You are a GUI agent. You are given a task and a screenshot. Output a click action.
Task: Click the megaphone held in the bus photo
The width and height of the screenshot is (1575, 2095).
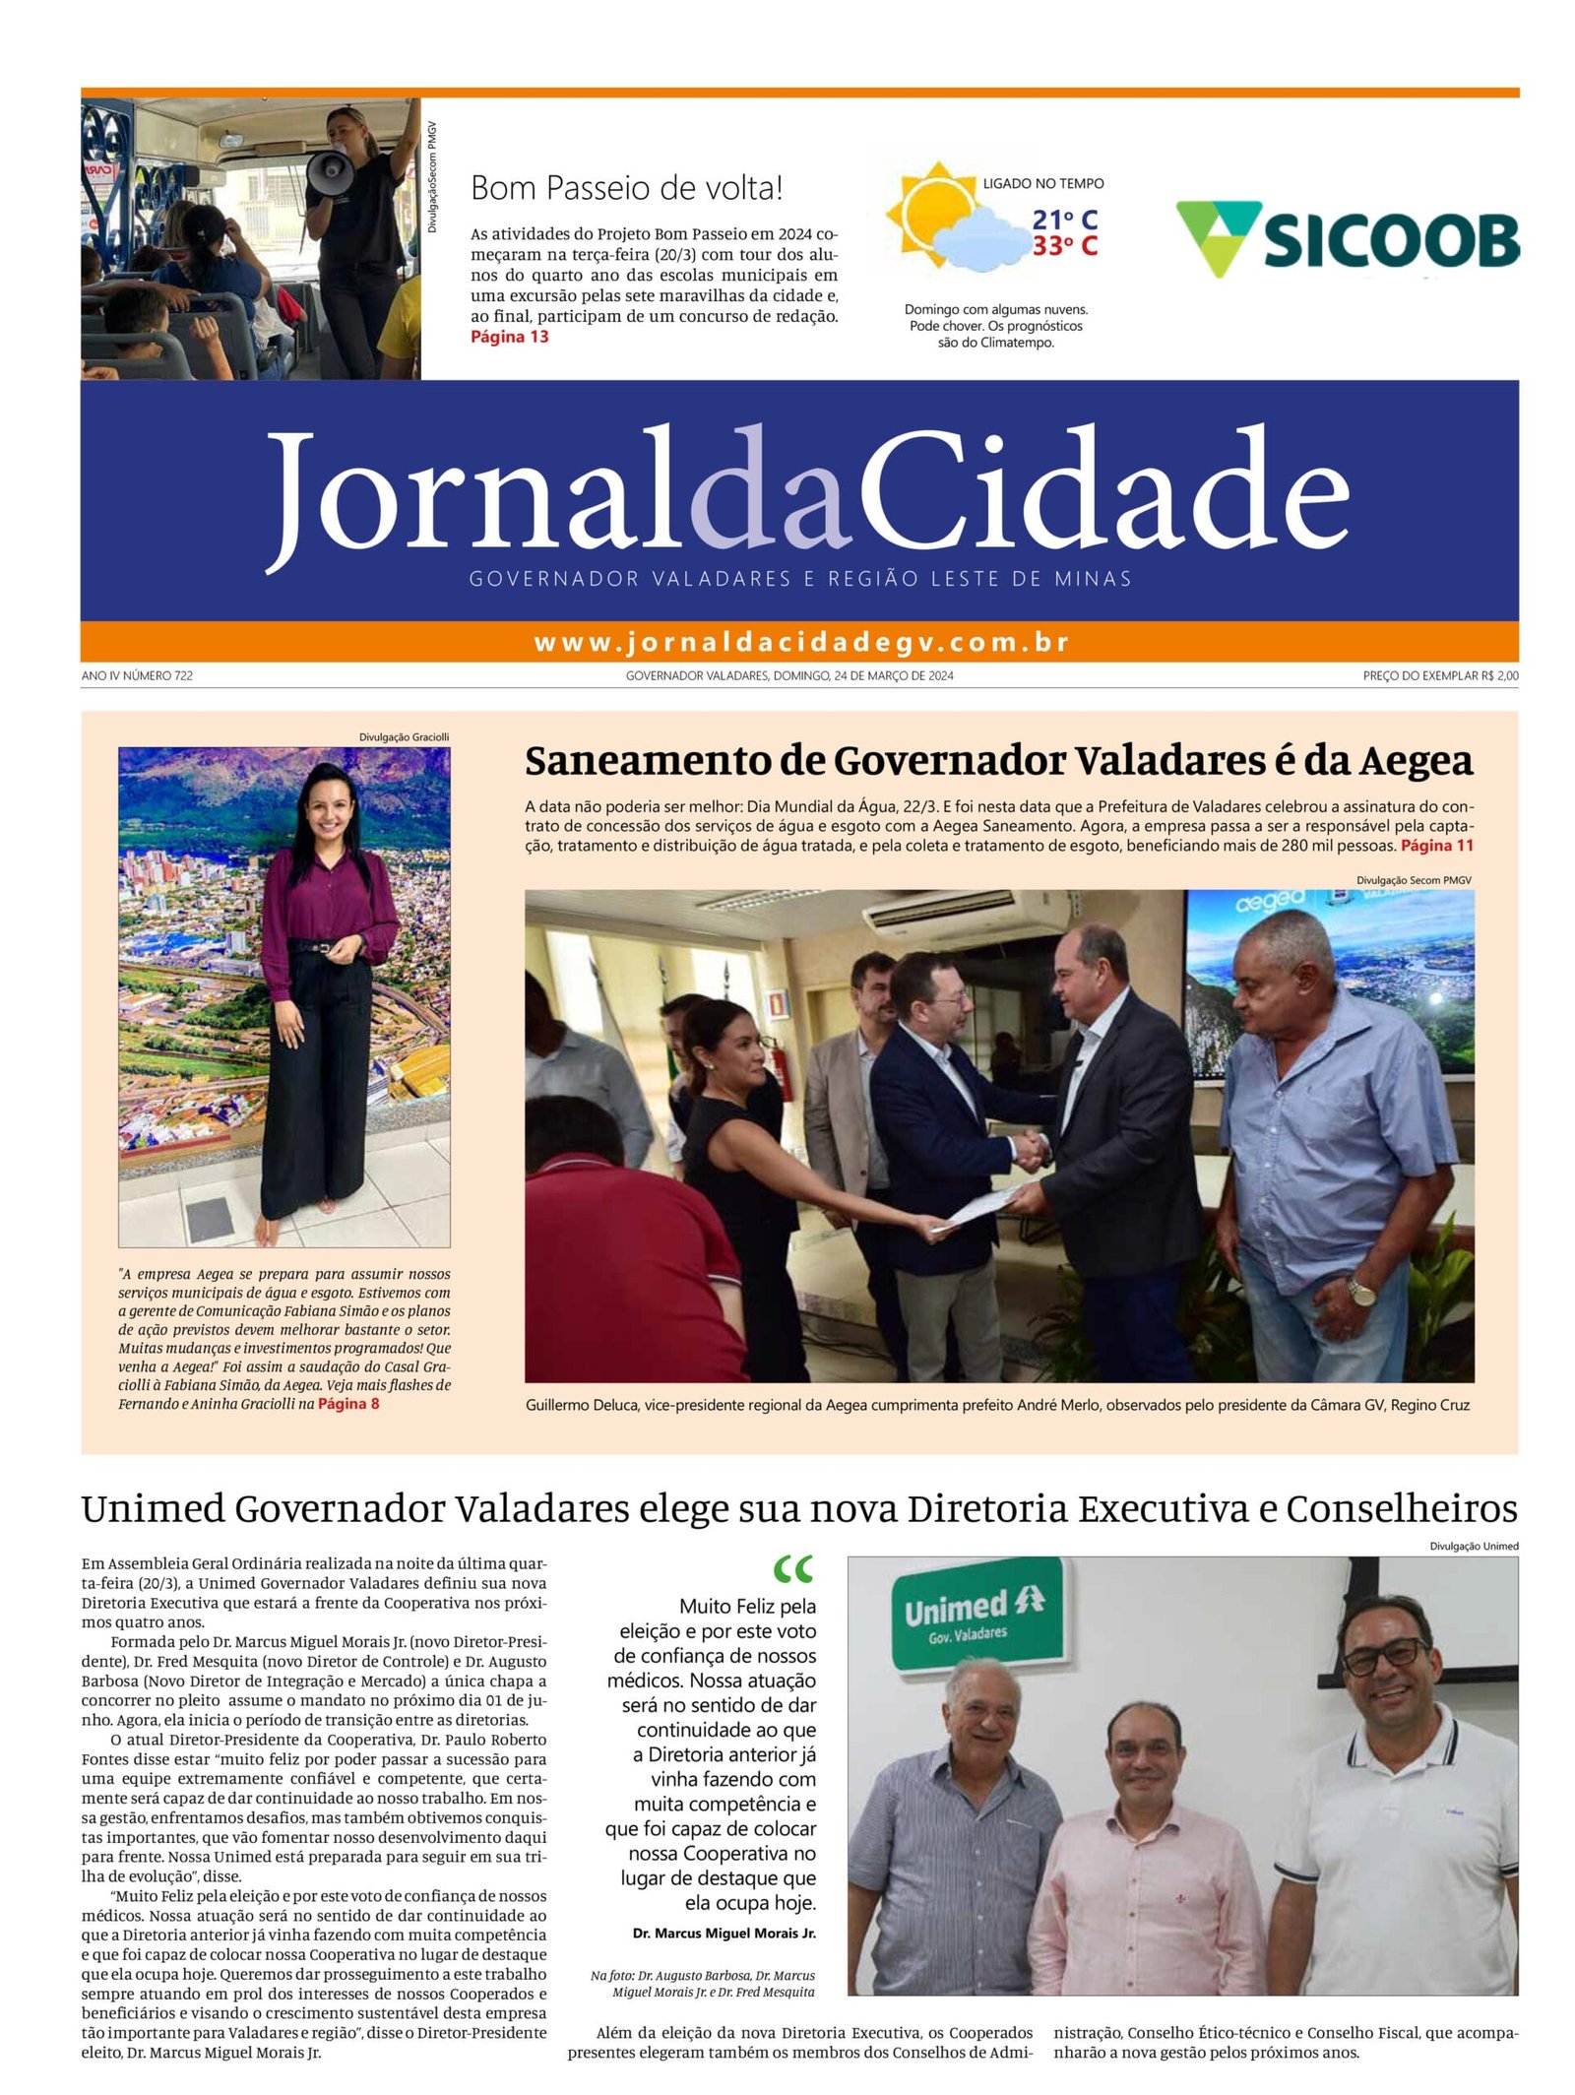point(330,171)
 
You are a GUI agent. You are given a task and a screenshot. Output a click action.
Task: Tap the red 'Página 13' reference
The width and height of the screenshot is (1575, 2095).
point(509,337)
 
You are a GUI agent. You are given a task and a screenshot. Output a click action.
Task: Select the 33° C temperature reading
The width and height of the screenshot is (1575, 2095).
point(1064,246)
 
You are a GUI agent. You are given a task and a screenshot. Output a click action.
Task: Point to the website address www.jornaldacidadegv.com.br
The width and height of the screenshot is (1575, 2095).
point(800,642)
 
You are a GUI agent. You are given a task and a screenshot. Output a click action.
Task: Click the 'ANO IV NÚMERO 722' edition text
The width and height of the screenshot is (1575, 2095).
point(137,675)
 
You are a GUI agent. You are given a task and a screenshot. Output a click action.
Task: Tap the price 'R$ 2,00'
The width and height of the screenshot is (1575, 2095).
point(1498,675)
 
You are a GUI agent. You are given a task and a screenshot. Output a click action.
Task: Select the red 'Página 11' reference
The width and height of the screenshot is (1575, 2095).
point(1436,846)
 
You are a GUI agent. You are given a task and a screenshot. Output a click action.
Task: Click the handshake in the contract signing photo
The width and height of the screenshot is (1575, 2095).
point(1030,1150)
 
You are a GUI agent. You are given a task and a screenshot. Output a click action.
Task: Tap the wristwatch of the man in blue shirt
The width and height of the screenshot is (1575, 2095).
point(1360,1291)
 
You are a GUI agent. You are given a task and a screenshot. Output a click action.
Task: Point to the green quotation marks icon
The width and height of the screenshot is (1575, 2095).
point(793,1568)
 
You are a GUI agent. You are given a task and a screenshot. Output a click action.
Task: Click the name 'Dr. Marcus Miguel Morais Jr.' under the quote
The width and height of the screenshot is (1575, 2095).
point(724,1933)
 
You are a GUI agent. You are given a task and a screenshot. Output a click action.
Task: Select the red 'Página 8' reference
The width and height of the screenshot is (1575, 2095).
point(347,1404)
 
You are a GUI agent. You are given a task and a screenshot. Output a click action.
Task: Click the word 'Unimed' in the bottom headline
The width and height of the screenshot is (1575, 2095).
point(153,1508)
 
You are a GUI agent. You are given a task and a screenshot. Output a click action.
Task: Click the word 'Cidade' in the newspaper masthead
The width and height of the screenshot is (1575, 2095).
point(1102,492)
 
